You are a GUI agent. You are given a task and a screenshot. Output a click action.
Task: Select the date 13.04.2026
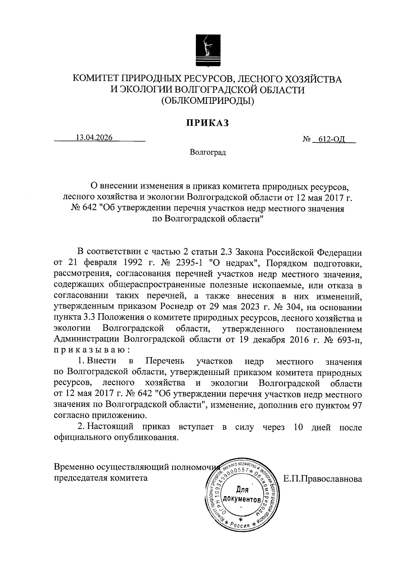coord(94,137)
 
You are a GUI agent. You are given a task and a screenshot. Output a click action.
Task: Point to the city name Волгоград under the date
coord(207,153)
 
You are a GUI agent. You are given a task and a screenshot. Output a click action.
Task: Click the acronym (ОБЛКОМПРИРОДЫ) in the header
coord(207,100)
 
